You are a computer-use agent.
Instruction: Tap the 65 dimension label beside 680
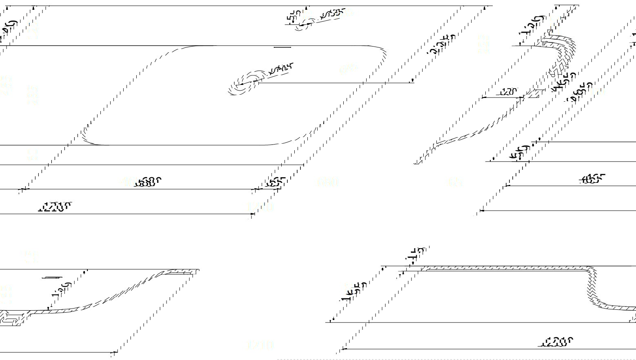(x=276, y=182)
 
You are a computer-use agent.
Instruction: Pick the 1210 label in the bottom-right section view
(x=558, y=342)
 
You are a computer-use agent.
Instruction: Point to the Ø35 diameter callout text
(x=334, y=13)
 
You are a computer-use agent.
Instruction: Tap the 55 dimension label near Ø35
(x=294, y=16)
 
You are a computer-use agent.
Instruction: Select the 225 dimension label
(x=441, y=44)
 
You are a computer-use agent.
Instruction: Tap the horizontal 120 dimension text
(x=507, y=92)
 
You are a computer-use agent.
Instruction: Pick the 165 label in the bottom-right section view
(x=354, y=291)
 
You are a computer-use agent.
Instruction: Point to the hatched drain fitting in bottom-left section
(x=11, y=318)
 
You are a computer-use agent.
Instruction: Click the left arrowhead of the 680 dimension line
(x=22, y=189)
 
